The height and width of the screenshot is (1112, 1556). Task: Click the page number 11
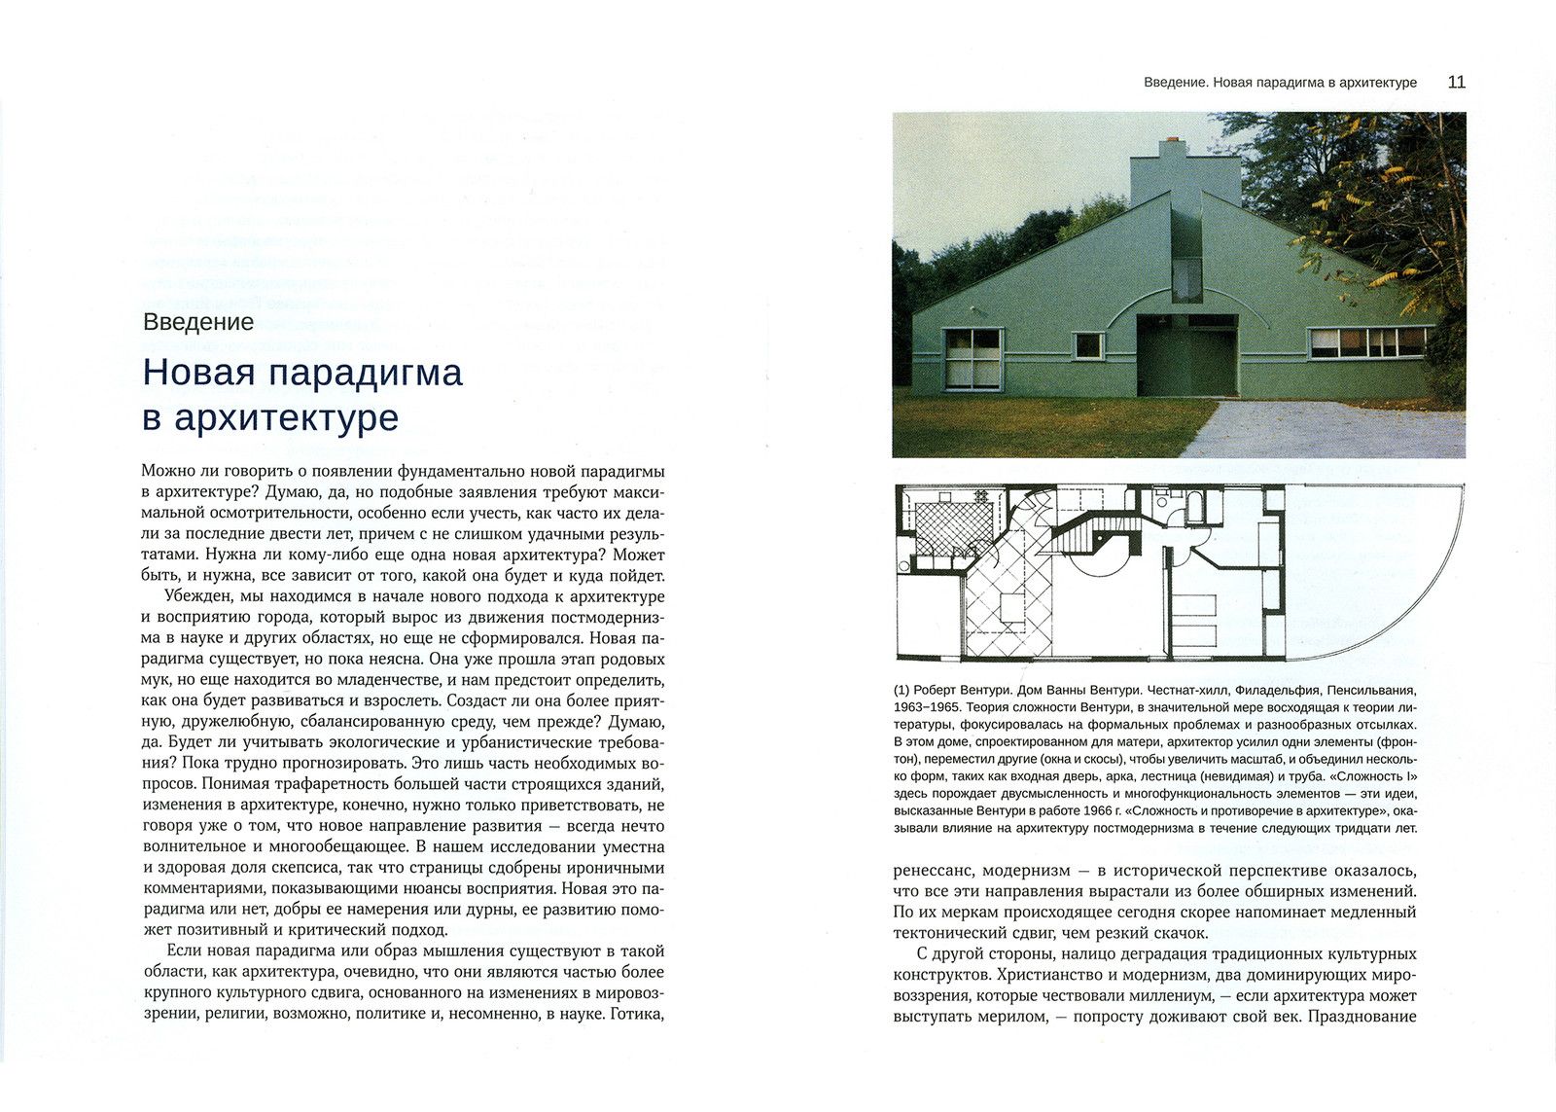pos(1456,82)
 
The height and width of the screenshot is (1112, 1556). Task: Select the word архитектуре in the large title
pos(286,417)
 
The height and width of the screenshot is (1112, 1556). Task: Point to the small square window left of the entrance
pos(1088,344)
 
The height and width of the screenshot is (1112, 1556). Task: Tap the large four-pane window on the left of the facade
pos(972,357)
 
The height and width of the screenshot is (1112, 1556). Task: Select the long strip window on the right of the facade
pos(1366,341)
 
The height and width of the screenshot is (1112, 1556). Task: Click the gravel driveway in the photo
pos(1332,428)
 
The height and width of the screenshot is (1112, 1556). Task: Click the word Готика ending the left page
pos(636,1013)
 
